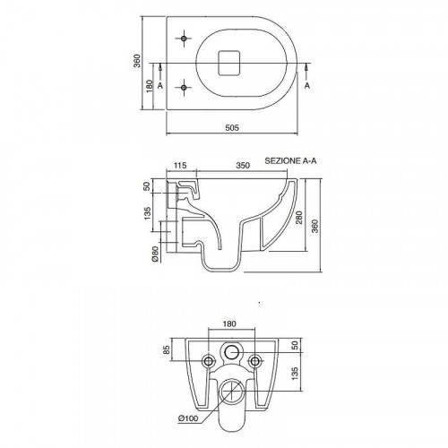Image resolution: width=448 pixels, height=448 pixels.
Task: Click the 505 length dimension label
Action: click(x=232, y=127)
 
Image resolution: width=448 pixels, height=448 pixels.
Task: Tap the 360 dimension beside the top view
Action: click(x=136, y=61)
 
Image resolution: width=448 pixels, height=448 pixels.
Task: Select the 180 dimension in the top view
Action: click(x=149, y=86)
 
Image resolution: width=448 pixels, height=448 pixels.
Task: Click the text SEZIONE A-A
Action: click(x=290, y=160)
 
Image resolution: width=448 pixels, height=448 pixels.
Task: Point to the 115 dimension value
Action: click(x=180, y=165)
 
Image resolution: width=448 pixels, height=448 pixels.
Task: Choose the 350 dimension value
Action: click(x=243, y=165)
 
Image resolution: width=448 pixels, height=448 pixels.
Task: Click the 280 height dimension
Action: click(x=299, y=217)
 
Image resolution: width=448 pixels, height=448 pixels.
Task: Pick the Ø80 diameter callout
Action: click(x=155, y=254)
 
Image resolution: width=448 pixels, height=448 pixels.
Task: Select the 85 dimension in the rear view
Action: click(x=167, y=349)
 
